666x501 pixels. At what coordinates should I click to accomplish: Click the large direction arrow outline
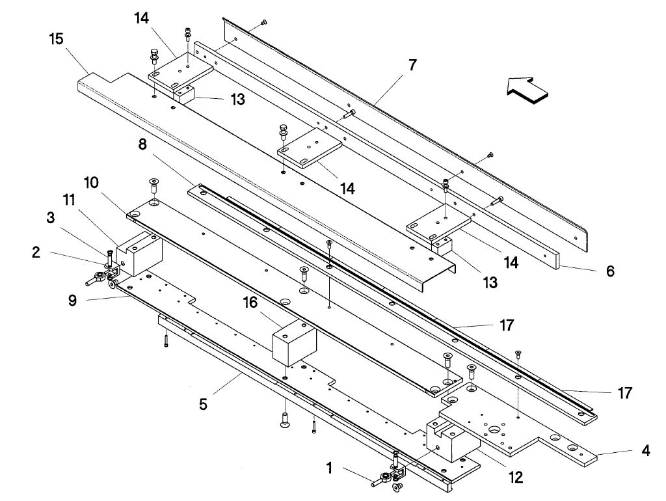[530, 89]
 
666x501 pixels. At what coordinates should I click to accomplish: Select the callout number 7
[412, 64]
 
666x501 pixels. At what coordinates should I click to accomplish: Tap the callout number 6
[609, 271]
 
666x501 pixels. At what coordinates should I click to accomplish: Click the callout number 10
[91, 183]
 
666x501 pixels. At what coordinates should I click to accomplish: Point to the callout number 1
[330, 467]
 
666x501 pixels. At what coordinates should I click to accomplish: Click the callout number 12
[515, 478]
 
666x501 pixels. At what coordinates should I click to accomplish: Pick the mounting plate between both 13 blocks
[310, 150]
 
